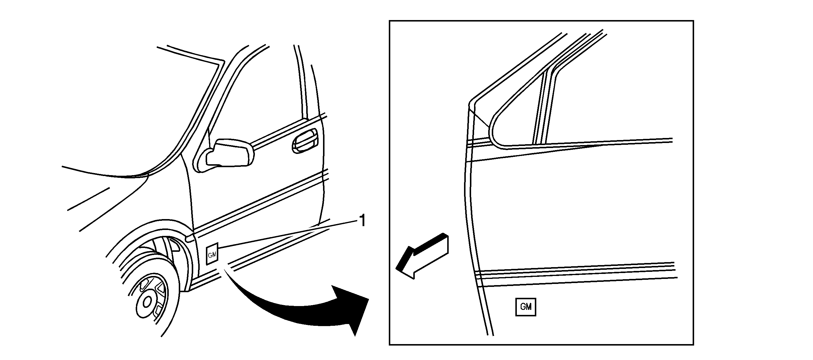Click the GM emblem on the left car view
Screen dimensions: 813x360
pos(212,254)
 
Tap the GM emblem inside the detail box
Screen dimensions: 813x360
pos(525,307)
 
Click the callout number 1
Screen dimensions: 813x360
pos(363,221)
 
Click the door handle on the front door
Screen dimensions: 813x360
pos(304,141)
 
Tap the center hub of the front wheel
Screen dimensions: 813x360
pos(147,302)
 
